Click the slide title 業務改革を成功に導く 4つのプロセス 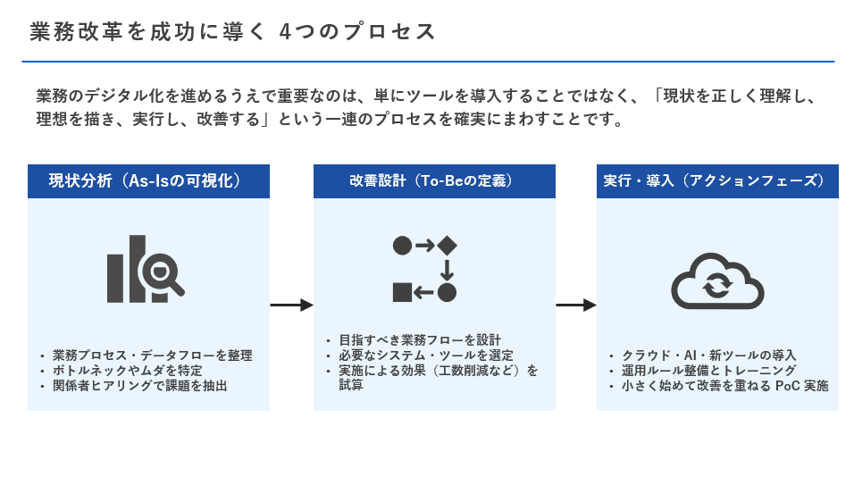(233, 32)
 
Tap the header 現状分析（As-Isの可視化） (148, 180)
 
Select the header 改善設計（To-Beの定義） (433, 180)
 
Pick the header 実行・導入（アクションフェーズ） (717, 180)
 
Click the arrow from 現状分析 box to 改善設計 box (291, 305)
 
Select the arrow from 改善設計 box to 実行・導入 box (575, 305)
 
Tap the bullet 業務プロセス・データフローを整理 (152, 355)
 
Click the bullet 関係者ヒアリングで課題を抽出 (139, 386)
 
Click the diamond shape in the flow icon (447, 245)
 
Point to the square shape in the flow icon (402, 291)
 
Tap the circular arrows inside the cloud (717, 287)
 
